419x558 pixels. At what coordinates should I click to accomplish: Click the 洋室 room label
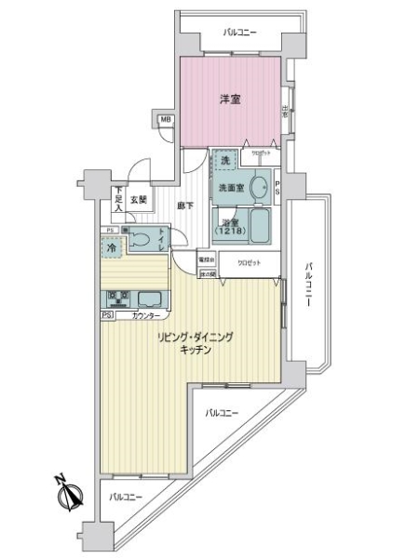tap(231, 99)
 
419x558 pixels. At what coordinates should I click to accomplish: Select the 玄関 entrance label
tap(139, 198)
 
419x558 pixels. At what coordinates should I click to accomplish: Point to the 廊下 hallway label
tap(185, 206)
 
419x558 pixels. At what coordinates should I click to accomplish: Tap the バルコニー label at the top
tap(240, 33)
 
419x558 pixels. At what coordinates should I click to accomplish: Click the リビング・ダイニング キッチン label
tap(194, 344)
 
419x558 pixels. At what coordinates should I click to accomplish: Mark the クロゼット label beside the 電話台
tap(249, 262)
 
